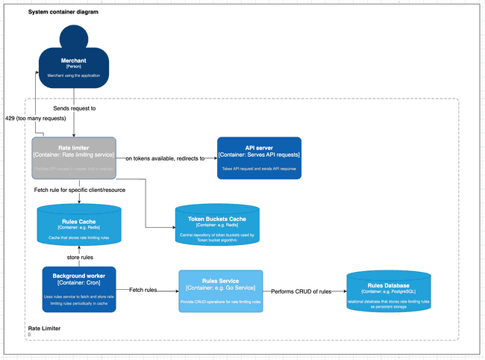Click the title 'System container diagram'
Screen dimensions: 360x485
tap(63, 13)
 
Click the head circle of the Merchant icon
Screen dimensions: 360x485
tap(73, 38)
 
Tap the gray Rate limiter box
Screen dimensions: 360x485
tap(74, 158)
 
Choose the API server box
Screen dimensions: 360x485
tap(258, 158)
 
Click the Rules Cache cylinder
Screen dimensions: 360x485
tap(79, 227)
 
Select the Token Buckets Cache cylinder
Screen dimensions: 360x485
tap(217, 227)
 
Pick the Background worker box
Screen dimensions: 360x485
tap(79, 289)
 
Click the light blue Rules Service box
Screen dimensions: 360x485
tap(220, 291)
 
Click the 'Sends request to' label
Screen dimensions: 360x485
tap(74, 109)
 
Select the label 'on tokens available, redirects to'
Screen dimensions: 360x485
tap(165, 158)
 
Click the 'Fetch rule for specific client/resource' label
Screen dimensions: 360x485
tap(80, 190)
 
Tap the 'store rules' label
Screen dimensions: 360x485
tap(79, 257)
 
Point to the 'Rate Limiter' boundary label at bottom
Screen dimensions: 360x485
tap(44, 328)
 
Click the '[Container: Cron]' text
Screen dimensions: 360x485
tap(79, 283)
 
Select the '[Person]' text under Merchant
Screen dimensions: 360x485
tap(73, 66)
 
